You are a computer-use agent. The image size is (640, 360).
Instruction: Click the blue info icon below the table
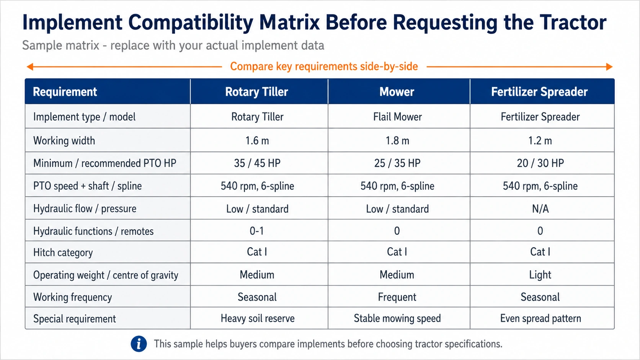coord(139,344)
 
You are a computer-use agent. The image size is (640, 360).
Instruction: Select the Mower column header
coord(397,92)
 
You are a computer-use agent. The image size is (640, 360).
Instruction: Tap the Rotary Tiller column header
coord(256,92)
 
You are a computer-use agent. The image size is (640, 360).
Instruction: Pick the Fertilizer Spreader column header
coord(539,92)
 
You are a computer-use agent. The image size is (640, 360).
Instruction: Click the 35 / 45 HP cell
coord(257,163)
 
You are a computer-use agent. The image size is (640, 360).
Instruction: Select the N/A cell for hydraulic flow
coord(540,209)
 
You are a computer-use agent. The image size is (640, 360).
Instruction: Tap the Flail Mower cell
coord(397,117)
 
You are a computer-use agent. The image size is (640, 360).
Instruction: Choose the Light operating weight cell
coord(540,275)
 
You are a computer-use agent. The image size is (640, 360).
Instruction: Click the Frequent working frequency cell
coord(397,297)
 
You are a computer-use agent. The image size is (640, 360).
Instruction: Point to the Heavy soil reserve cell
coord(258,318)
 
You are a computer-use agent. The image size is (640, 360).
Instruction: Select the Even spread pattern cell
coord(540,318)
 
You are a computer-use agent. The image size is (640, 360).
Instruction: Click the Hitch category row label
coord(63,252)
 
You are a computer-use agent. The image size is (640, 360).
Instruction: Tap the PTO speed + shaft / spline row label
coord(87,186)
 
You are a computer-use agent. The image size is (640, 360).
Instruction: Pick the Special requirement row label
coord(75,319)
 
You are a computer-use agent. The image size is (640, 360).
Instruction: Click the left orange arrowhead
coord(30,67)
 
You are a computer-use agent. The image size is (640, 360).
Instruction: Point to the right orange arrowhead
coord(609,67)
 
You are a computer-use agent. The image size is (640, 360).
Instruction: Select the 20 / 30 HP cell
coord(540,163)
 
